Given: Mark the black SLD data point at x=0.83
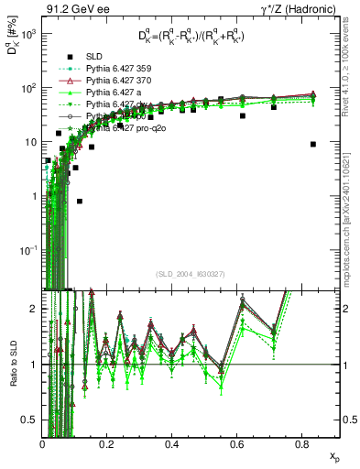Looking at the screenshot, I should (x=313, y=144).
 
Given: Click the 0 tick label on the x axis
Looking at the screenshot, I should (x=43, y=443).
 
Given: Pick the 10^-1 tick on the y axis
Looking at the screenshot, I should (x=29, y=250).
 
